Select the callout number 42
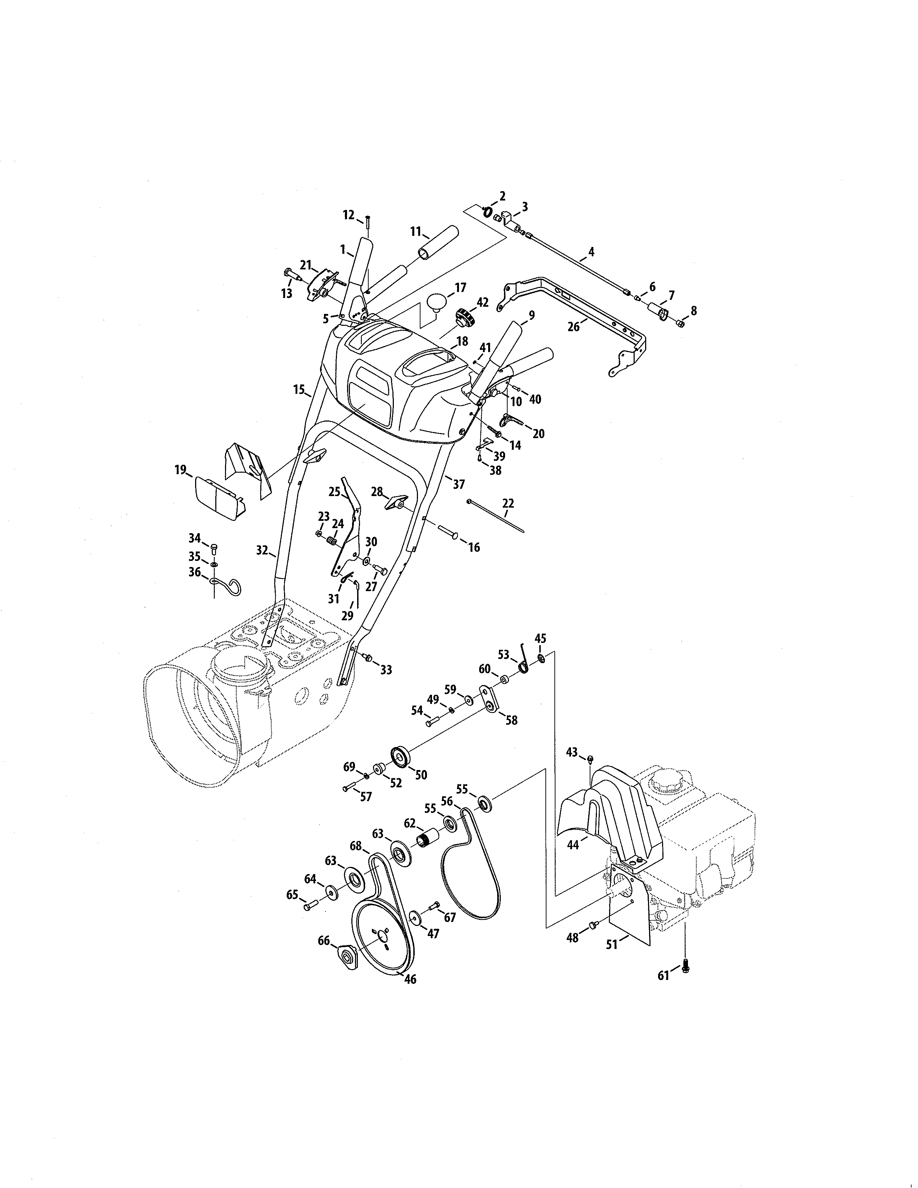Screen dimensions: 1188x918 [482, 302]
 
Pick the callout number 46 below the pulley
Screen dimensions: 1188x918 [411, 978]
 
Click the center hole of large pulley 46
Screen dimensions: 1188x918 [383, 931]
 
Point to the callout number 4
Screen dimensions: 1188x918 [591, 252]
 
